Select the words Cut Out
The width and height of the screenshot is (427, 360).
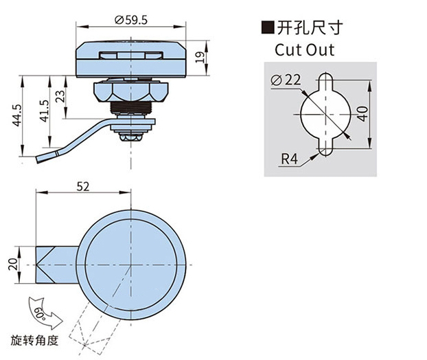(x=304, y=49)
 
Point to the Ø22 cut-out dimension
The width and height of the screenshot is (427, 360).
(x=286, y=80)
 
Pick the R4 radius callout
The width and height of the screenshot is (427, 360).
(x=290, y=161)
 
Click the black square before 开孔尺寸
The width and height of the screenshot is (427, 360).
(x=266, y=28)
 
